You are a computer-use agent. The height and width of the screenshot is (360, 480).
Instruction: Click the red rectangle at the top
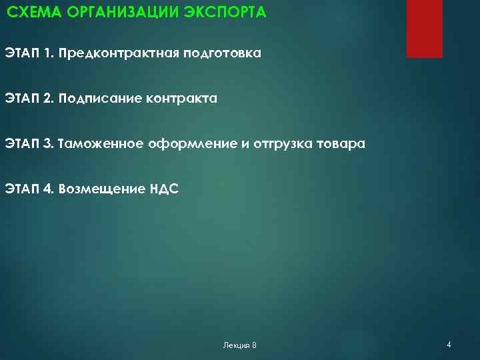(425, 29)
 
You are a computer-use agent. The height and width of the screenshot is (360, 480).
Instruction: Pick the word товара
(341, 143)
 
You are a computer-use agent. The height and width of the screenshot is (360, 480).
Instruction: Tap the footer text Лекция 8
(239, 345)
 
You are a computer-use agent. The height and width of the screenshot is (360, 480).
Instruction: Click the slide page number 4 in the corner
(449, 345)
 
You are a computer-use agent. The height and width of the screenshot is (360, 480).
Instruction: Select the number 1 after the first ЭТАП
(48, 53)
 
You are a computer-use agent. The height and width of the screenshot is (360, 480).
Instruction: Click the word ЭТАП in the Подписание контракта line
(21, 98)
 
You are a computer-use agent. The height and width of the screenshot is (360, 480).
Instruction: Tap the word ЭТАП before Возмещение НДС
(21, 189)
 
